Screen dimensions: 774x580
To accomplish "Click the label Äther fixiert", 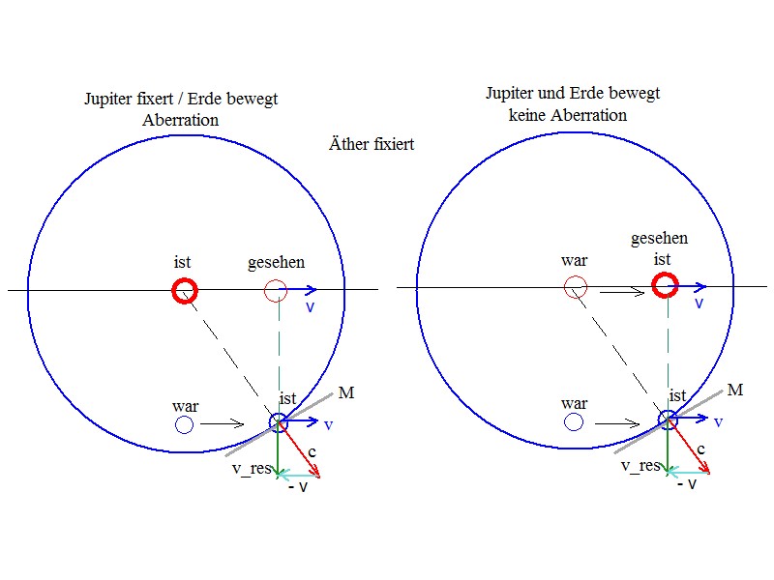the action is click(x=372, y=144).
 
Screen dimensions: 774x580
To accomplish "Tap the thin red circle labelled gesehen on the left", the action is click(x=276, y=279).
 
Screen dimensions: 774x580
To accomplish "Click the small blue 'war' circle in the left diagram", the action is click(x=184, y=416).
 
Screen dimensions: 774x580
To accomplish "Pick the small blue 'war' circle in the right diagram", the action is click(x=574, y=413).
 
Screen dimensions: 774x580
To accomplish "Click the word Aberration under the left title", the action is click(x=181, y=120).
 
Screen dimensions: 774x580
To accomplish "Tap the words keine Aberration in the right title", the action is click(x=568, y=115).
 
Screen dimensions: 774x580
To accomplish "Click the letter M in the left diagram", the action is click(x=346, y=392).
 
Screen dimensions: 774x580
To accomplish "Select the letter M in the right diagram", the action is click(x=735, y=390).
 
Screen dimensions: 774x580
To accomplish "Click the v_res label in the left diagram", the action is click(x=252, y=468).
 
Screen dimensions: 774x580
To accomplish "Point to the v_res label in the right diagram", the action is click(x=640, y=465).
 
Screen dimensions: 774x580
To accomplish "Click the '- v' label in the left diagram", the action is click(x=298, y=487).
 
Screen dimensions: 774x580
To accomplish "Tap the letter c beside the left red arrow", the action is click(x=312, y=451).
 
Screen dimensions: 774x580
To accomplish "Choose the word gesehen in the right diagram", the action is click(x=660, y=239).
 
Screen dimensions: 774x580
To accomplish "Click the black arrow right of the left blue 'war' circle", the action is click(x=223, y=423).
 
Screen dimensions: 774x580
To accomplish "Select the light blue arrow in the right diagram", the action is click(x=688, y=473).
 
